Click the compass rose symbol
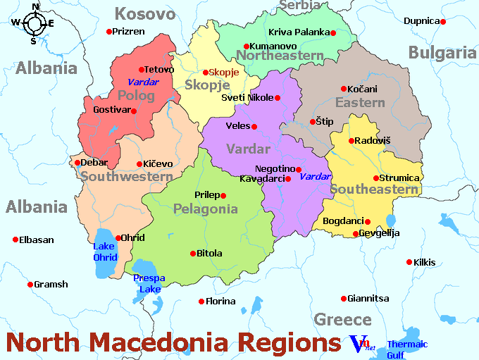click(33, 23)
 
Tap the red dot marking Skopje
click(206, 73)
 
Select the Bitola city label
click(209, 253)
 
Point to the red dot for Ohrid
click(118, 238)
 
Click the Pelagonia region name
click(206, 209)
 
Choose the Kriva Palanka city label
click(299, 32)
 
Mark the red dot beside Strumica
click(376, 178)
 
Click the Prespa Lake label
click(149, 283)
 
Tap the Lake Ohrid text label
click(105, 252)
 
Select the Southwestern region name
click(126, 177)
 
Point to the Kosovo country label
click(145, 13)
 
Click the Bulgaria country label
click(442, 51)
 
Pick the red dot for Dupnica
click(443, 22)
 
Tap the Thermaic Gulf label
click(406, 349)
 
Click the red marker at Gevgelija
click(355, 234)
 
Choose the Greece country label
click(342, 319)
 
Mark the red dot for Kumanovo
click(246, 46)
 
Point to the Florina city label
click(220, 301)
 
